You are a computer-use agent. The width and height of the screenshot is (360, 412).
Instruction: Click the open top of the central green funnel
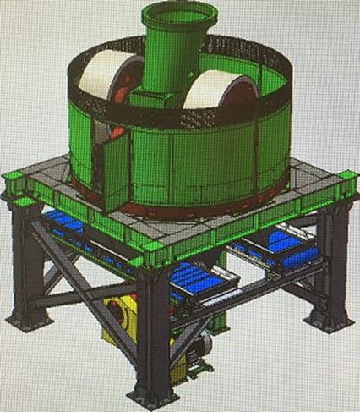(x=178, y=15)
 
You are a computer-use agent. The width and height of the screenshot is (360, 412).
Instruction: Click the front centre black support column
(x=153, y=330)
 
